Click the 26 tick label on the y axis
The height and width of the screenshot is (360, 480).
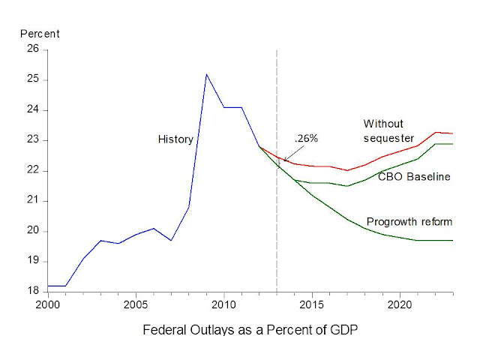pyautogui.click(x=33, y=49)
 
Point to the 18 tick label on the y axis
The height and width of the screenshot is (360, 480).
pyautogui.click(x=33, y=291)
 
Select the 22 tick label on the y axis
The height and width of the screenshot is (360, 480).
pyautogui.click(x=33, y=170)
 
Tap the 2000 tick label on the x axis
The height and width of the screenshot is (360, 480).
pyautogui.click(x=47, y=305)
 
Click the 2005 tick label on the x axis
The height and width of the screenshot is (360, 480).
pyautogui.click(x=136, y=305)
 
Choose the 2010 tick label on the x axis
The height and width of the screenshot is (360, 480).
pyautogui.click(x=223, y=305)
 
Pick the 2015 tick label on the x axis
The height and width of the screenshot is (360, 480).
pyautogui.click(x=311, y=305)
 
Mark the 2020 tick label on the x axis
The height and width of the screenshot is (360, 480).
pyautogui.click(x=399, y=305)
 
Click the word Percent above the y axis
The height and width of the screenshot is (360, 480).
pyautogui.click(x=40, y=34)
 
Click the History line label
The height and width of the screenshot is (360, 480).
pyautogui.click(x=175, y=139)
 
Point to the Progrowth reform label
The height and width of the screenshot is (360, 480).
pyautogui.click(x=409, y=222)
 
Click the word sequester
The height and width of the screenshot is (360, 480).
pyautogui.click(x=388, y=138)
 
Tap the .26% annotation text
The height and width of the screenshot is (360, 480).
pyautogui.click(x=306, y=139)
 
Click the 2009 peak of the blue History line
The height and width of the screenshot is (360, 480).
pyautogui.click(x=206, y=74)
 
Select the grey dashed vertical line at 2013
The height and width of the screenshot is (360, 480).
pyautogui.click(x=277, y=225)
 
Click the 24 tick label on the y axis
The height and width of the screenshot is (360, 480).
pyautogui.click(x=33, y=110)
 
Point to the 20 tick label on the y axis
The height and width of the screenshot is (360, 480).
pyautogui.click(x=33, y=231)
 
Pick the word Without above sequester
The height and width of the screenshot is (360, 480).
pyautogui.click(x=382, y=124)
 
